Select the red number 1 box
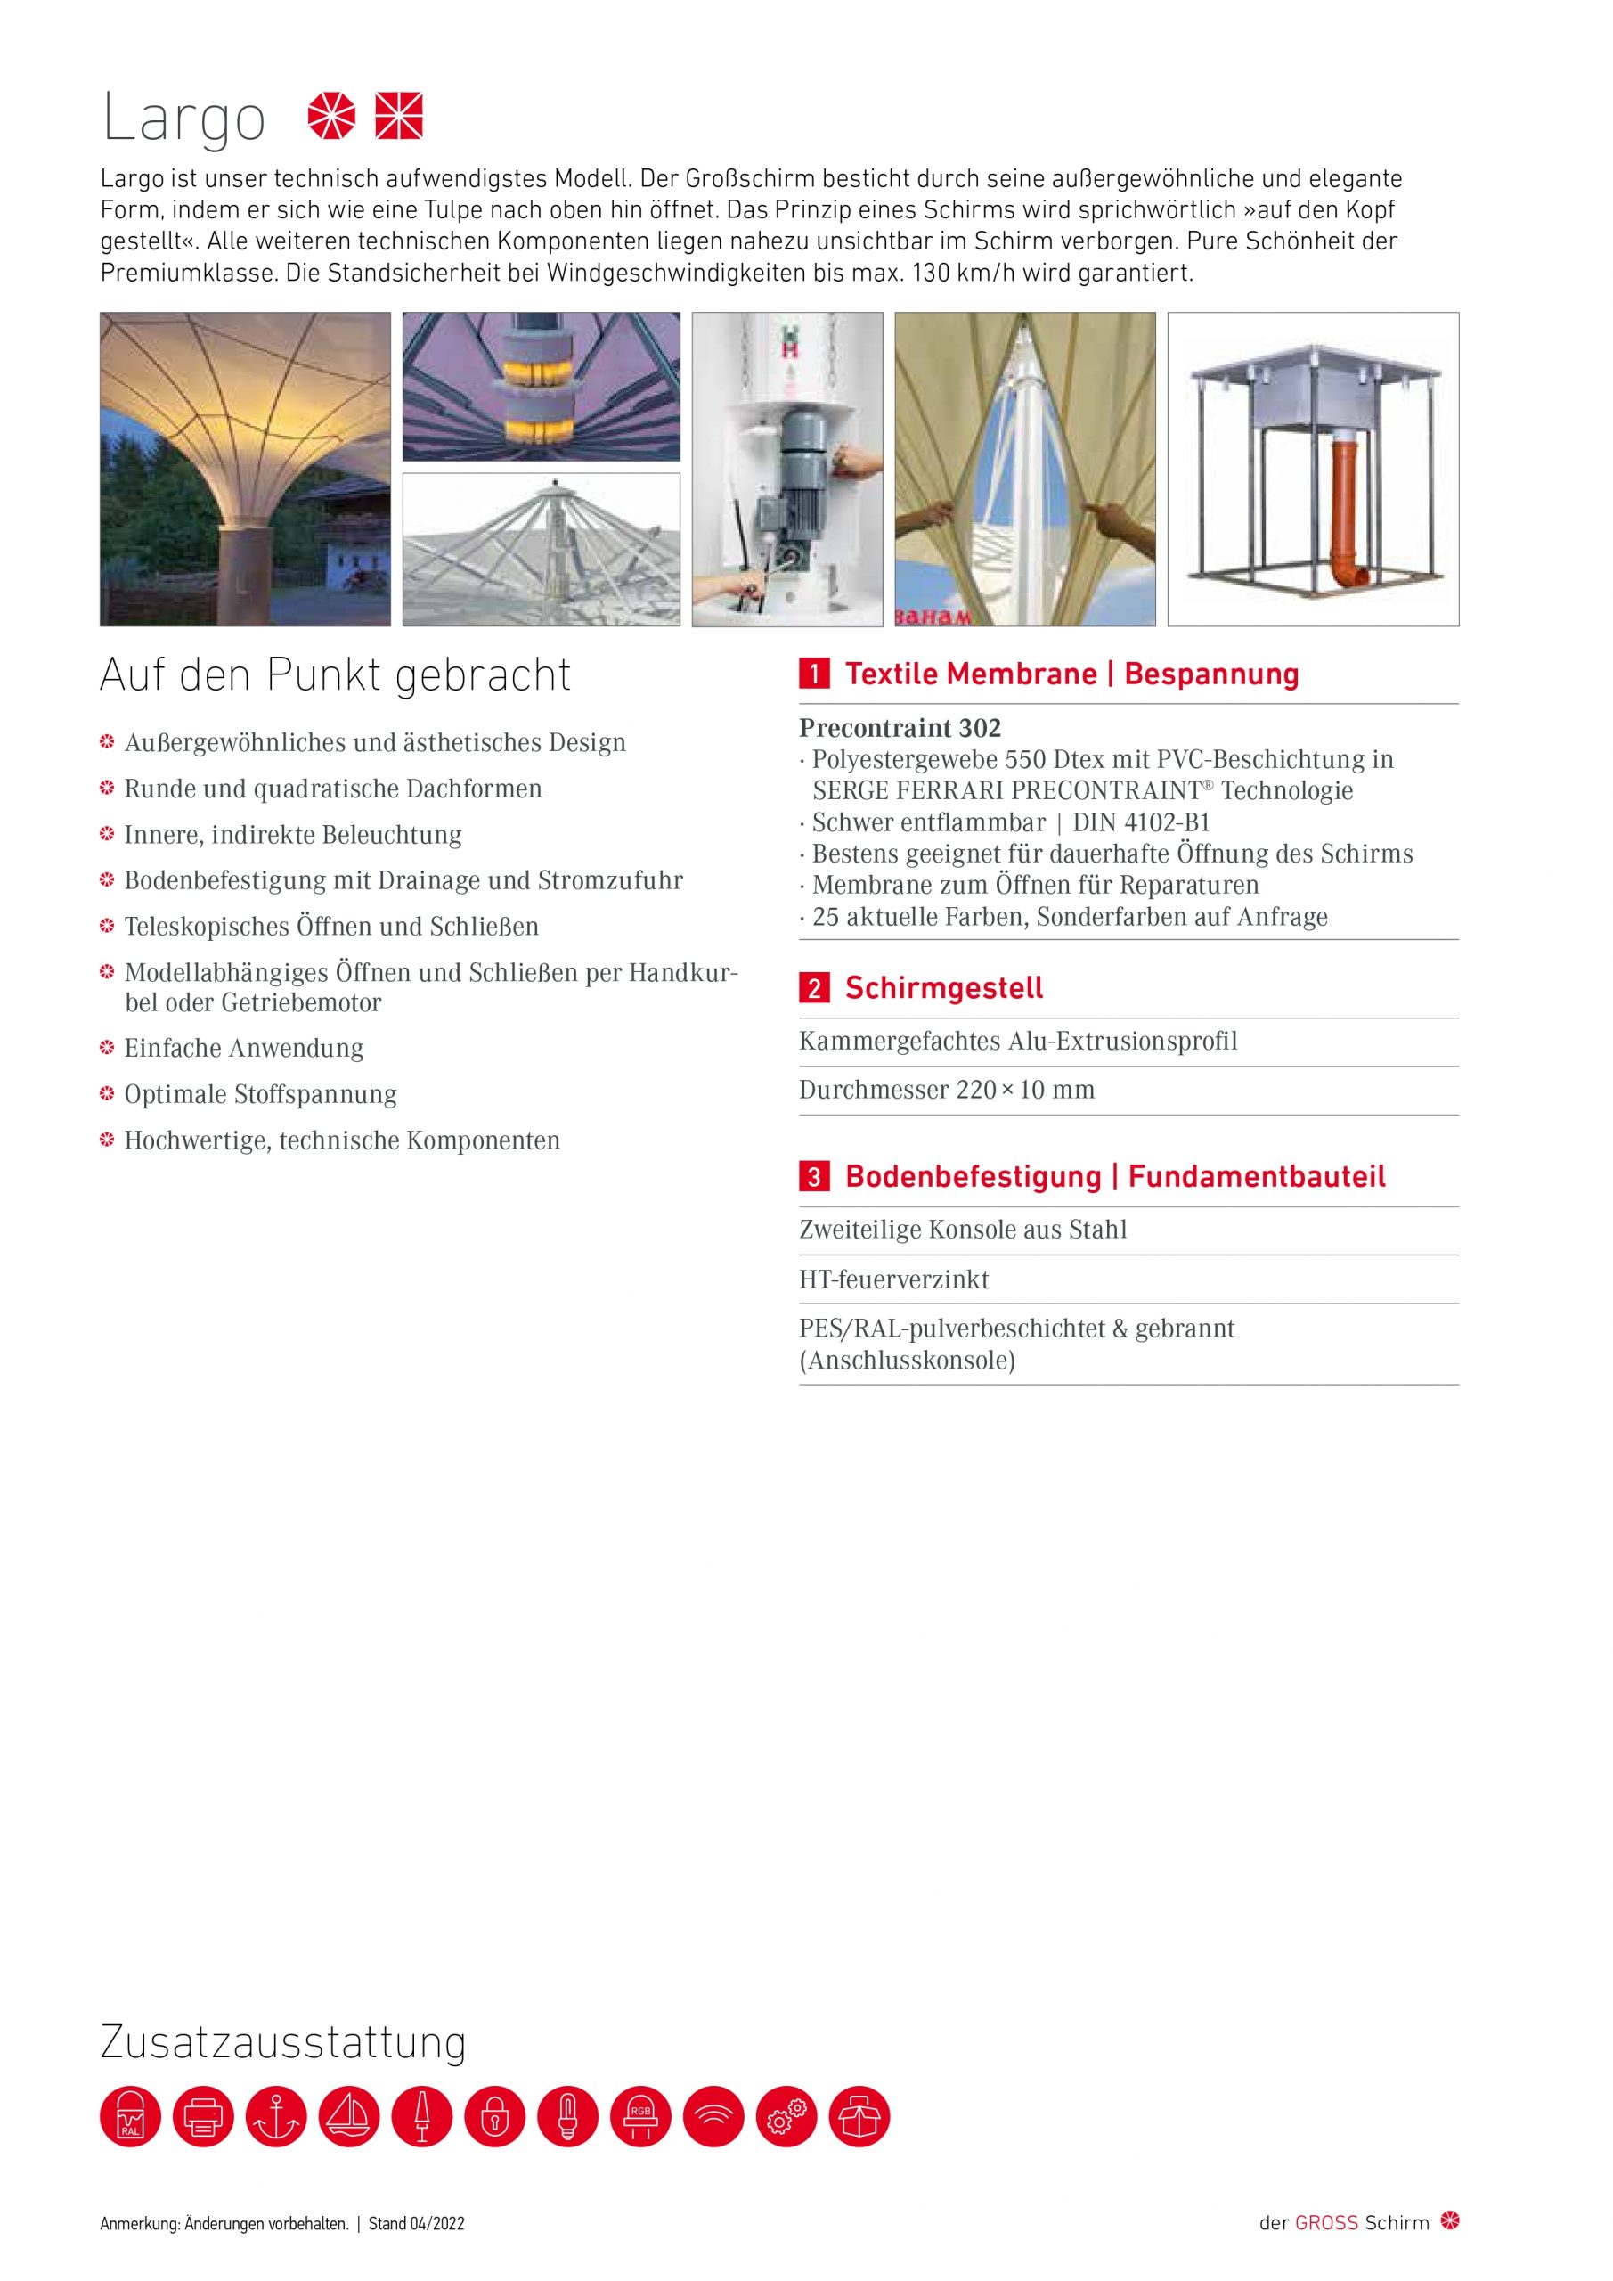(x=813, y=674)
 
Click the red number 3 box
(x=813, y=1177)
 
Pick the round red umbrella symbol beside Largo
(x=331, y=116)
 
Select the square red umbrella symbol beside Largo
(x=399, y=116)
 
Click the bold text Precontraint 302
(x=900, y=728)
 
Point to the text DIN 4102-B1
(x=1141, y=822)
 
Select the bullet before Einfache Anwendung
(x=107, y=1048)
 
